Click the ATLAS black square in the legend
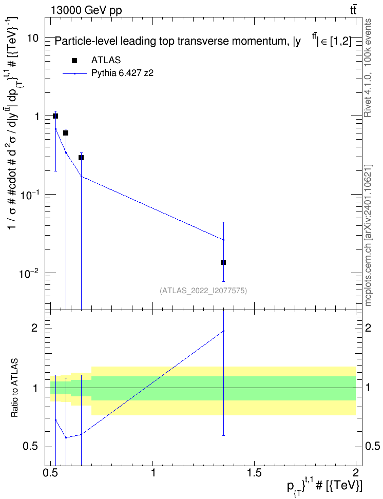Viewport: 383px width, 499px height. click(74, 61)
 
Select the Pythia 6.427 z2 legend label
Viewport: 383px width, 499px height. click(122, 73)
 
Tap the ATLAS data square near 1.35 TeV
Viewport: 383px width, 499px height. click(223, 262)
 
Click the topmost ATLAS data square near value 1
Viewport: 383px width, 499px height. click(55, 116)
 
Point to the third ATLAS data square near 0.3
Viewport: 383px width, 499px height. click(81, 158)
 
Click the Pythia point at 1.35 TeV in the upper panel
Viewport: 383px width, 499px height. click(223, 240)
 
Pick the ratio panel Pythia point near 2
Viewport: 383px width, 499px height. click(223, 331)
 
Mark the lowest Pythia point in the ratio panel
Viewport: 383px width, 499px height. click(66, 437)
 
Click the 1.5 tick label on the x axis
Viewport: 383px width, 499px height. click(254, 473)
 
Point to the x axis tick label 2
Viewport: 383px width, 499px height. click(355, 473)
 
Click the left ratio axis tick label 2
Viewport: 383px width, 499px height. click(34, 328)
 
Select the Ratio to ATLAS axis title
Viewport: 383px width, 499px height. click(14, 388)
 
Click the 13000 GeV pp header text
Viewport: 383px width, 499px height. click(86, 10)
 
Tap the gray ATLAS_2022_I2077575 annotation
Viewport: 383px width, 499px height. click(203, 290)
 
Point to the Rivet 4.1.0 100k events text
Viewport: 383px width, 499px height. click(368, 68)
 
